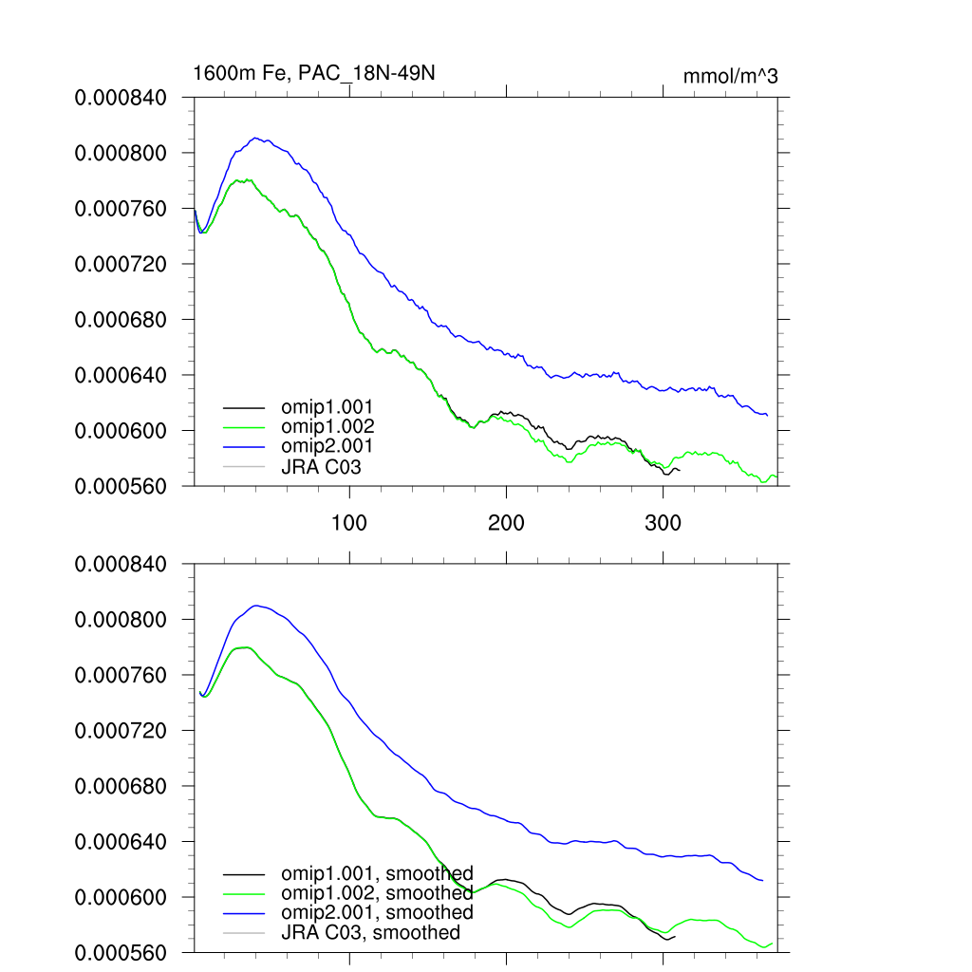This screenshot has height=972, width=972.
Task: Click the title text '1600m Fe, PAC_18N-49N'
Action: coord(313,73)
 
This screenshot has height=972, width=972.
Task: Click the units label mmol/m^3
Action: coord(730,76)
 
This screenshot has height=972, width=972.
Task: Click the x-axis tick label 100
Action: coord(350,523)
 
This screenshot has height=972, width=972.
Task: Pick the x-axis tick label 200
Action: coord(506,523)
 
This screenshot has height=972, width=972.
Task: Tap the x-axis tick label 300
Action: coord(663,523)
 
